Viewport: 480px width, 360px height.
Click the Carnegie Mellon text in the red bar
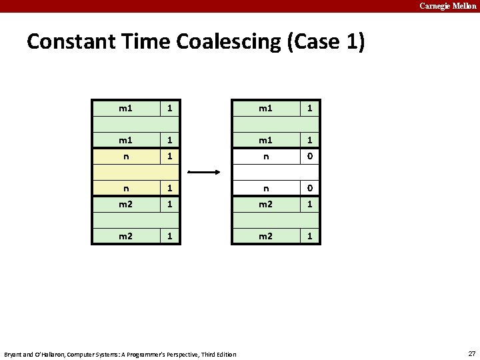(448, 6)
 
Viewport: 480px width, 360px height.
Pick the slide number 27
(472, 353)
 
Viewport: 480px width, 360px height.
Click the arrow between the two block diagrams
(204, 172)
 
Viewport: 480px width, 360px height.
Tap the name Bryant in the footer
(13, 354)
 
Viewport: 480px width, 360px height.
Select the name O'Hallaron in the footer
(49, 354)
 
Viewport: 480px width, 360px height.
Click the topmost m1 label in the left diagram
(125, 107)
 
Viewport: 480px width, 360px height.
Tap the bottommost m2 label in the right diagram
(265, 236)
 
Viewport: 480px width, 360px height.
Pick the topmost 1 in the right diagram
(309, 107)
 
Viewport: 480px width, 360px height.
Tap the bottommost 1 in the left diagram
(170, 236)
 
